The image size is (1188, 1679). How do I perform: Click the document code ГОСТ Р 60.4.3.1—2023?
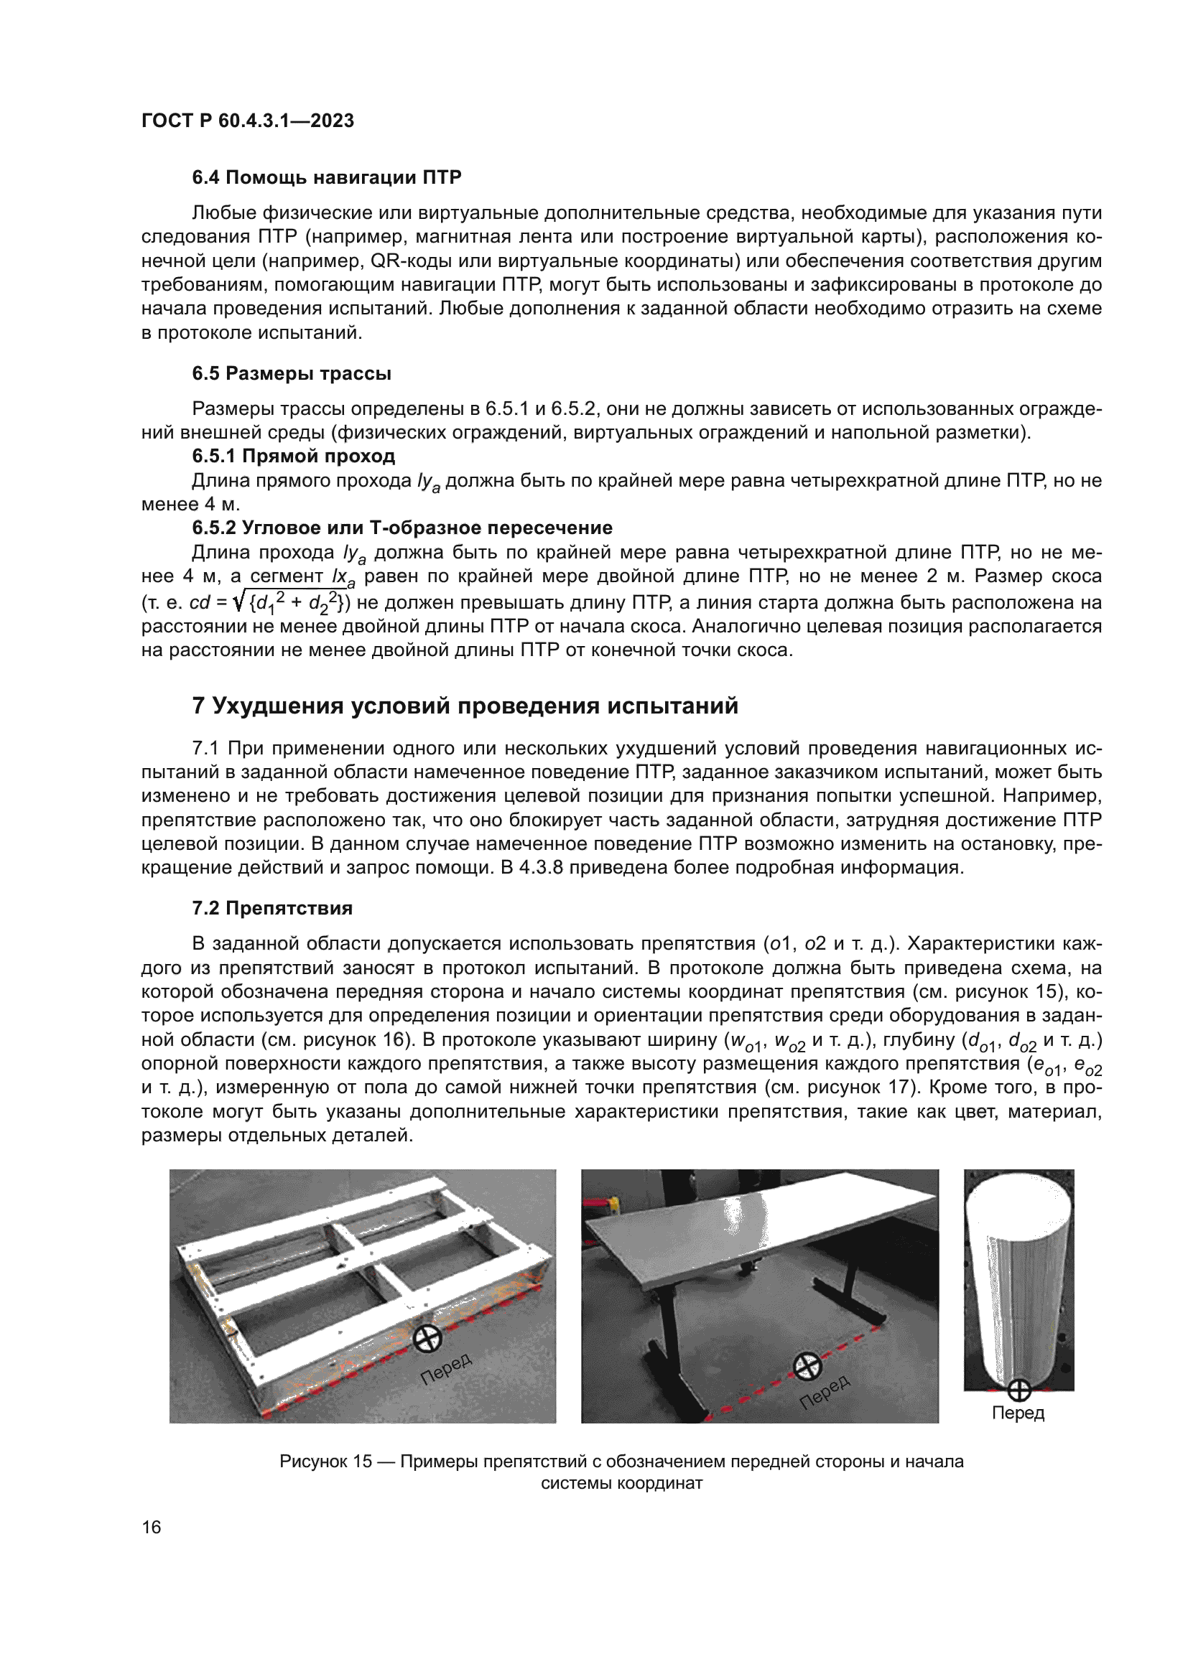[x=247, y=121]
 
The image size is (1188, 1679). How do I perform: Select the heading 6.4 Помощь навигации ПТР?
[x=326, y=177]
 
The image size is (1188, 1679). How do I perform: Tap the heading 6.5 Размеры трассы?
[x=291, y=373]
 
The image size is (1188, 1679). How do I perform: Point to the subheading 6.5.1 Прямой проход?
[x=293, y=456]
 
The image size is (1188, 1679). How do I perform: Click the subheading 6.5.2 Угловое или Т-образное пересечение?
[x=402, y=528]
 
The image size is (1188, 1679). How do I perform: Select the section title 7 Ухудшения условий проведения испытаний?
[x=465, y=706]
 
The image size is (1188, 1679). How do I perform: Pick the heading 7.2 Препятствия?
[x=272, y=907]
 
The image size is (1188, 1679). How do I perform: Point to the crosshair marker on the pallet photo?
[x=427, y=1339]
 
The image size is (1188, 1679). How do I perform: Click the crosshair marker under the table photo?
[x=807, y=1365]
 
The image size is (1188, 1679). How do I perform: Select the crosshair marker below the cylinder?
[x=1019, y=1390]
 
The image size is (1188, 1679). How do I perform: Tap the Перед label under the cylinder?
[x=1018, y=1413]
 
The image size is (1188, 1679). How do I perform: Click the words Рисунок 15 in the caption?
[x=325, y=1461]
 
